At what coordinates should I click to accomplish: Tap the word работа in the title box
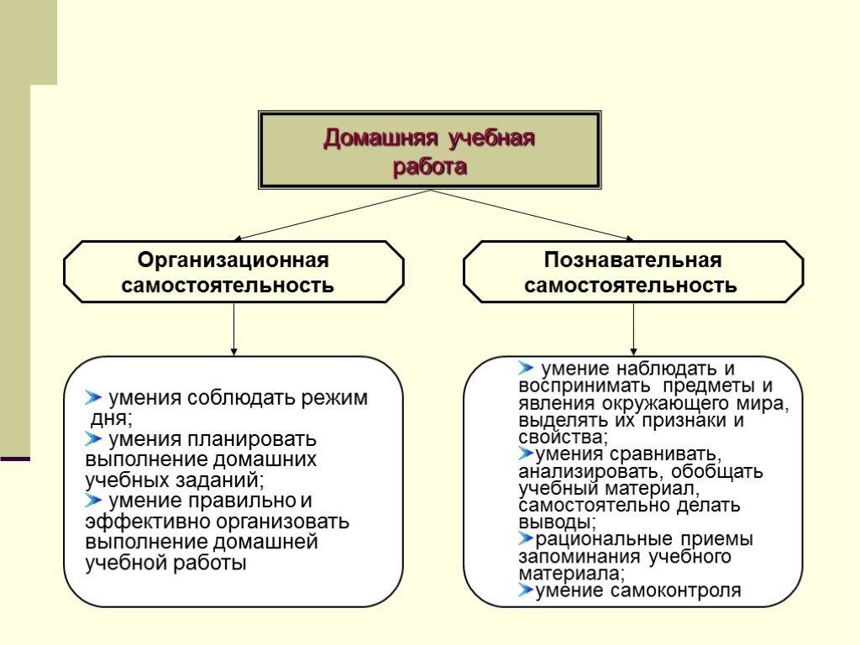430,166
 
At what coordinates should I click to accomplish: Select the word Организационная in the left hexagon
233,260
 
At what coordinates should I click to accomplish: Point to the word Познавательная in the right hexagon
632,260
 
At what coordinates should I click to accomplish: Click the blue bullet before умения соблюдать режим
93,397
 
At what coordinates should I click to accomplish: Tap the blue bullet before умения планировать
93,438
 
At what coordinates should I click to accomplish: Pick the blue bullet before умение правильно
93,501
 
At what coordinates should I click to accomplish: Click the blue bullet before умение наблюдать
527,368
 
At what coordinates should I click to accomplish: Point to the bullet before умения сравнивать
527,454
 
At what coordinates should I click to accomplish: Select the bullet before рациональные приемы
527,538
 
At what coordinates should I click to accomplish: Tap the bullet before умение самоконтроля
527,590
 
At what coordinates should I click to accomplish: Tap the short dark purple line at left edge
15,459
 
